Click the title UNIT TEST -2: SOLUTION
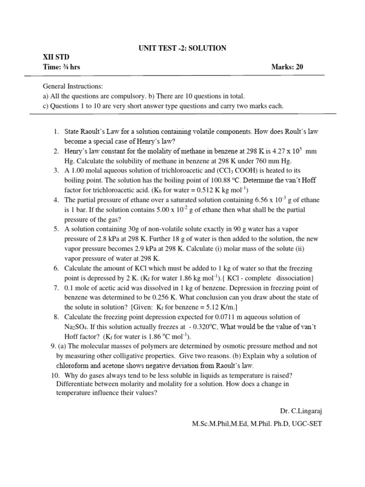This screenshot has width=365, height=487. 182,48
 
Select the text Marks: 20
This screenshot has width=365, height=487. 287,67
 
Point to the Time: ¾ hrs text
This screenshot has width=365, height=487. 62,67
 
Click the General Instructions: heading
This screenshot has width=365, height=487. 73,87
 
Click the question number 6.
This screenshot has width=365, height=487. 56,268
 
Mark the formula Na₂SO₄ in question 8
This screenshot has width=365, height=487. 76,327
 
